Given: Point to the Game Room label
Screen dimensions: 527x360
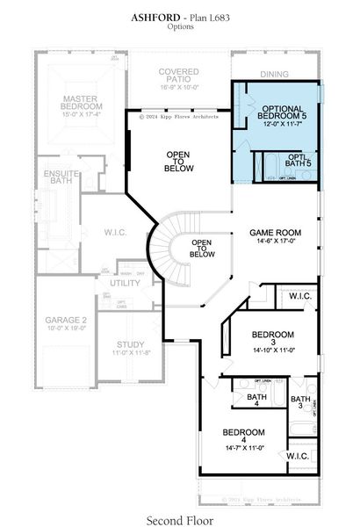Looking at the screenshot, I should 276,235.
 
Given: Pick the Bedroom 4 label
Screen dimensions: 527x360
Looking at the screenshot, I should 243,432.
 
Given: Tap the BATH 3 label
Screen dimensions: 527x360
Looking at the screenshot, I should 301,401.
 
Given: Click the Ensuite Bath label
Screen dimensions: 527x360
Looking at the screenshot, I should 61,179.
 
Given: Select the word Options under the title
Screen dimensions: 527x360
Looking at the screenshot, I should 180,27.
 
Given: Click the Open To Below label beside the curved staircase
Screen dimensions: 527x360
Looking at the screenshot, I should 202,249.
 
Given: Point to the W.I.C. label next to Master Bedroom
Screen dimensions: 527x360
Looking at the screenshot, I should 114,233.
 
